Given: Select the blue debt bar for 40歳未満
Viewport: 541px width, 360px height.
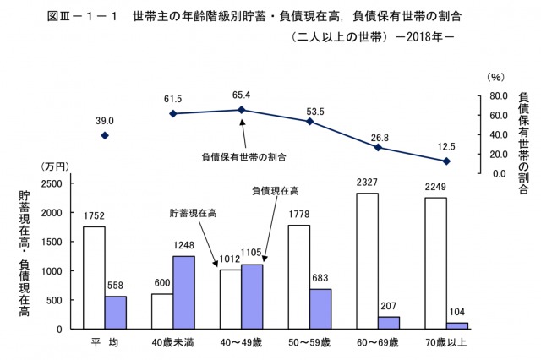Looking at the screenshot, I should pos(184,292).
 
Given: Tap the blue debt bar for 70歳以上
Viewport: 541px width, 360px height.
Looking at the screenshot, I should pos(458,325).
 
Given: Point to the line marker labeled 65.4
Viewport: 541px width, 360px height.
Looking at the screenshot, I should pos(241,110).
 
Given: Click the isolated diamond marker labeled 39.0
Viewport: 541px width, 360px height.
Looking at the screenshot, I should pos(104,135).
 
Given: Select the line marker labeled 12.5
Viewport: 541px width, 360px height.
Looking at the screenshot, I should pos(447,161).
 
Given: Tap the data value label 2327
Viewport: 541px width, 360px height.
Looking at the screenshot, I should pos(368,185).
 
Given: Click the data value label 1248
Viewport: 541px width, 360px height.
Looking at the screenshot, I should pos(184,248).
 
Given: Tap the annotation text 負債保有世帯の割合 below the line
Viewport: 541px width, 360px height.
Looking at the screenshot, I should pos(243,156).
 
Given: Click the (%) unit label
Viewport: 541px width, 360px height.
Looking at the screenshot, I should pos(496,77).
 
